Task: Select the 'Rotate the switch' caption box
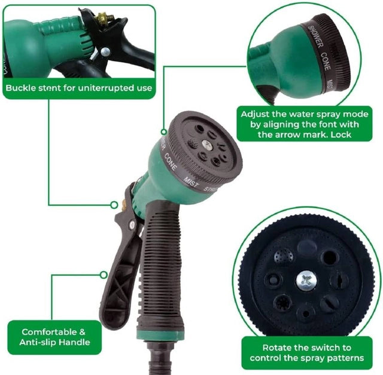click(307, 352)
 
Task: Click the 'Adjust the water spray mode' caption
click(304, 124)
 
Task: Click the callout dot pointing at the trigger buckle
click(114, 204)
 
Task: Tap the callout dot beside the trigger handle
click(104, 275)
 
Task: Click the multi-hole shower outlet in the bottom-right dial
click(284, 257)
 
